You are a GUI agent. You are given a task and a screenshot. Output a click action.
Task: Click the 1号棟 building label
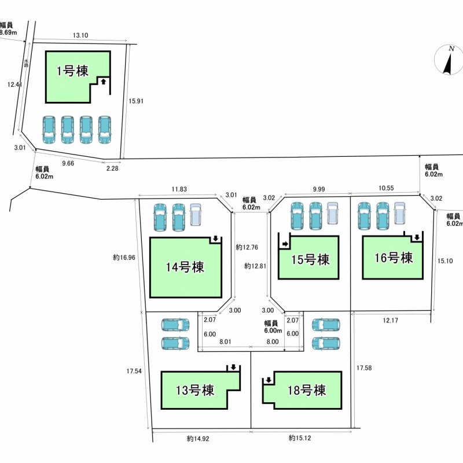point(73,71)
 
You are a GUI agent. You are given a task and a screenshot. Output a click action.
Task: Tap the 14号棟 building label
point(185,267)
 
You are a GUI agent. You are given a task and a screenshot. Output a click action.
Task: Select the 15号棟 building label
point(310,259)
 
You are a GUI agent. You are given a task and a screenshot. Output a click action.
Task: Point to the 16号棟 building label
point(394,258)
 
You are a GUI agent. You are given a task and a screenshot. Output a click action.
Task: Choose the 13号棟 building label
point(195,390)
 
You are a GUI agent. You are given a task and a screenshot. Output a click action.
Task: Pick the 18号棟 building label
point(307,390)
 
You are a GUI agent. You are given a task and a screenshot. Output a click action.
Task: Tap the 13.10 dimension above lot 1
point(80,35)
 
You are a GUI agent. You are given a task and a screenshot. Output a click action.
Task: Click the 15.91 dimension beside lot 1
point(136,101)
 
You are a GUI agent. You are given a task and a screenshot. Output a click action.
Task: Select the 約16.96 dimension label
point(124,258)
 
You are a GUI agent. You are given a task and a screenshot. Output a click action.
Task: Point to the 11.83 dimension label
point(179,189)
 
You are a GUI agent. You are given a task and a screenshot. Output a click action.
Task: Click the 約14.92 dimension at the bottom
point(198,439)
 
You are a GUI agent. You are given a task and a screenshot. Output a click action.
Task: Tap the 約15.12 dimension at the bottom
point(300,438)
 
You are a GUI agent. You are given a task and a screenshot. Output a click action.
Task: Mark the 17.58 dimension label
point(364,368)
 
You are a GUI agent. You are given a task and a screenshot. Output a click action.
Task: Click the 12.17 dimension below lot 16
point(390,321)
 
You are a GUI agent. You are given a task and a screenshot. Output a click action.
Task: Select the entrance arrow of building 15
point(285,244)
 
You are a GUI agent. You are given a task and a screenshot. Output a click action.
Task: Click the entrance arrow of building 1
point(104,81)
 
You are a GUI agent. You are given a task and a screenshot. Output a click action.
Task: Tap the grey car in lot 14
point(195,215)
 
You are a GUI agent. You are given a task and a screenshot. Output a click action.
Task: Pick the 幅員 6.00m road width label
point(273,327)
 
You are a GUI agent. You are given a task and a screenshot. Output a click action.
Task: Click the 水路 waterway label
point(26,63)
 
